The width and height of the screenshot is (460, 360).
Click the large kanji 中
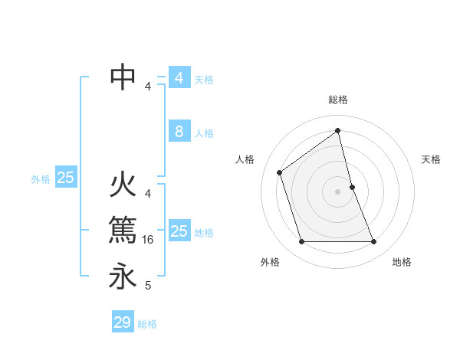point(123,77)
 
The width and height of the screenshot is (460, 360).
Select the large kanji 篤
point(123,230)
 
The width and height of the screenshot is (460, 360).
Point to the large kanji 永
point(123,276)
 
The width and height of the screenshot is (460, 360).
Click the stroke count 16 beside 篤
point(149,240)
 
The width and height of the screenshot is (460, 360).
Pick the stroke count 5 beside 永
point(148,286)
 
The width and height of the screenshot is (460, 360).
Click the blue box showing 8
point(179,132)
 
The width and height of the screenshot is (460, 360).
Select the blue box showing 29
point(123,322)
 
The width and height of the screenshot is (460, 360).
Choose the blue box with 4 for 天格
point(179,78)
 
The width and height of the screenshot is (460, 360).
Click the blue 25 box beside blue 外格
point(66,178)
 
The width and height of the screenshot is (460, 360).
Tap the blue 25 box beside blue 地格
point(179,231)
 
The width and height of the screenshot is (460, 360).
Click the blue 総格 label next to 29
point(147,324)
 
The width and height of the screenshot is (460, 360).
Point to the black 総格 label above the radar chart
point(338,100)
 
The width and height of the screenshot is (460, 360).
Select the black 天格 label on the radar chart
point(432,159)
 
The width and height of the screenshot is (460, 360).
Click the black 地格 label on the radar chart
point(402,262)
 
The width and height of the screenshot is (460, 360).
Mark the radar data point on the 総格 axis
point(337,130)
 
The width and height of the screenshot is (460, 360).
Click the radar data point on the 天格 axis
point(352,187)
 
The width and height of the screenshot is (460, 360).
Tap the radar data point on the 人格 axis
point(280,172)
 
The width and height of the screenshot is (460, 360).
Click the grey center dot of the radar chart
point(337,191)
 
